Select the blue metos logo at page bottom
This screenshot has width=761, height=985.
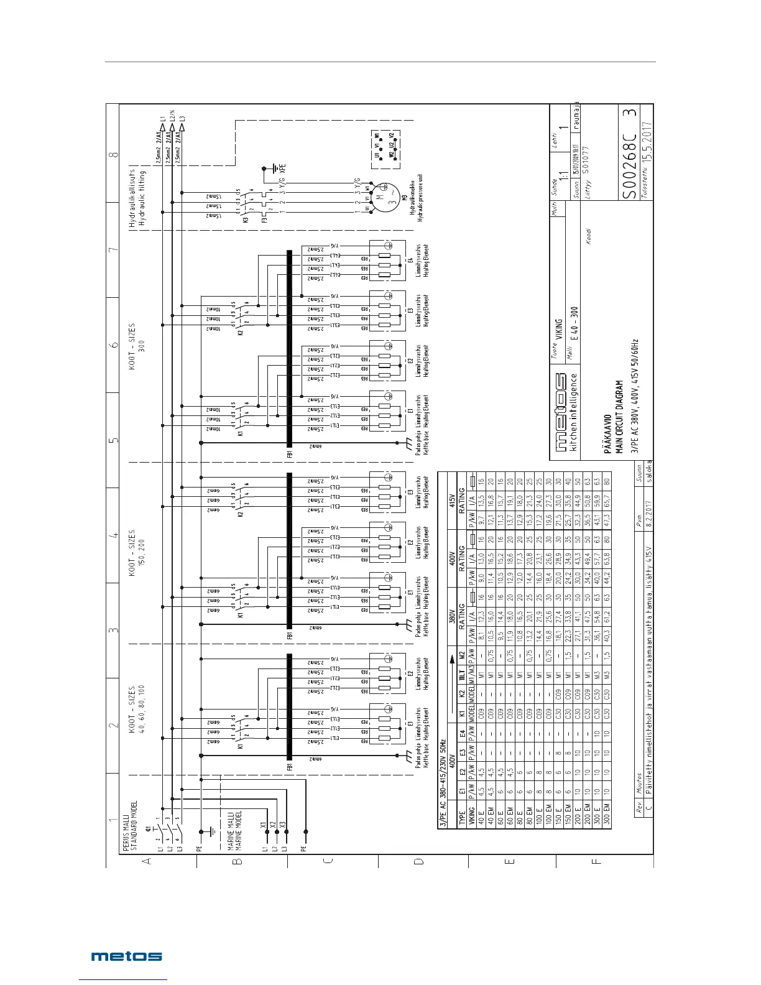[x=127, y=956]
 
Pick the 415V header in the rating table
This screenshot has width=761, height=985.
[x=452, y=501]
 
